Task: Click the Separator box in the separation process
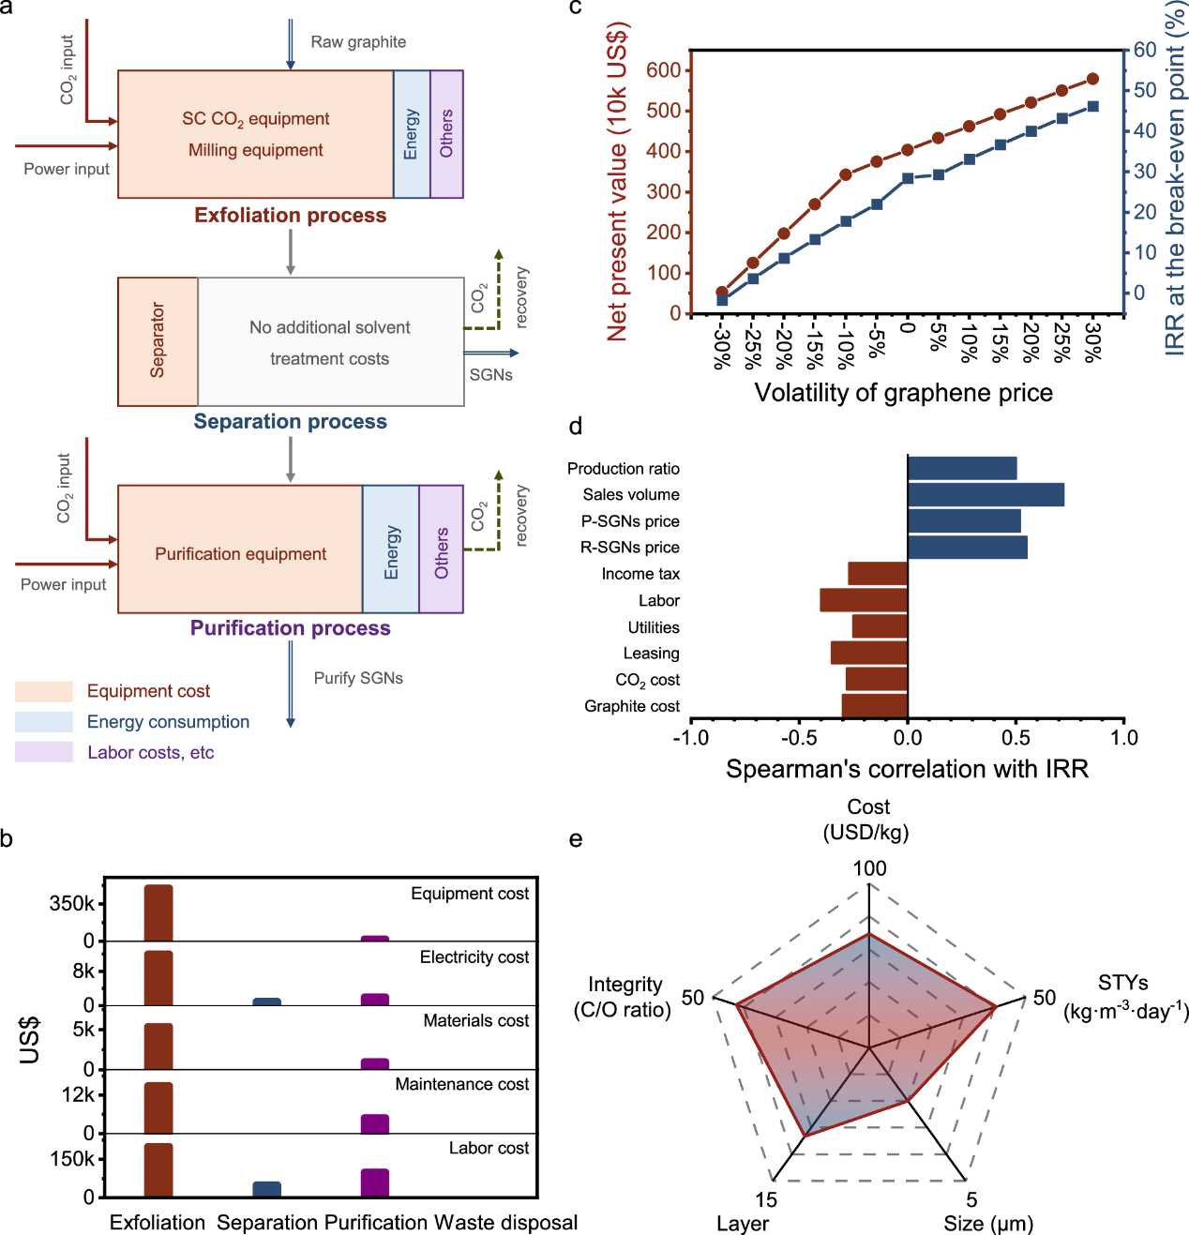point(158,341)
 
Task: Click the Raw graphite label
point(358,42)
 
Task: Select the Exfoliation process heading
point(290,216)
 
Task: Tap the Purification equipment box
point(240,554)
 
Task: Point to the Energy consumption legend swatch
point(44,722)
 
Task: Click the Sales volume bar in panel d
point(986,494)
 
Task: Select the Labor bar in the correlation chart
point(864,600)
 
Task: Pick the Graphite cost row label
point(632,706)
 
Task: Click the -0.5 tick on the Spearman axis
point(799,738)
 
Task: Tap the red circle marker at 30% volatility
point(1092,79)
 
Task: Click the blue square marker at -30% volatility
point(722,300)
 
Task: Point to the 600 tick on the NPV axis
point(664,70)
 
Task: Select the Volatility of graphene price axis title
point(903,393)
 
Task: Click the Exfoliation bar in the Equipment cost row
point(158,912)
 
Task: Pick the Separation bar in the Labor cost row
point(267,1189)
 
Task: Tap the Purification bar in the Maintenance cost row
point(375,1123)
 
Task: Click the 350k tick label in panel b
point(72,904)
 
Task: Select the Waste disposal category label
point(506,1223)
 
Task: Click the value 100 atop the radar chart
point(869,868)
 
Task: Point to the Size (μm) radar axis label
point(988,1224)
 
